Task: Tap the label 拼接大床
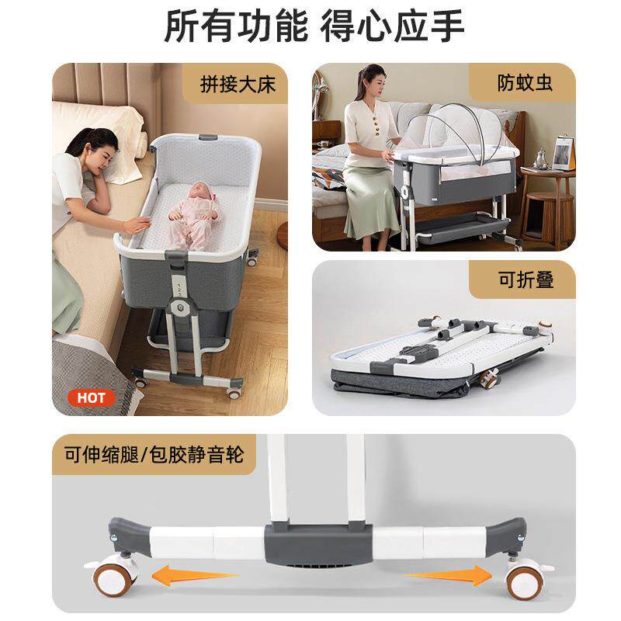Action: [x=238, y=83]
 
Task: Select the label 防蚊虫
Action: [x=525, y=83]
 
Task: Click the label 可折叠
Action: [x=526, y=279]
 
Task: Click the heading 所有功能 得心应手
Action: [x=314, y=26]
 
